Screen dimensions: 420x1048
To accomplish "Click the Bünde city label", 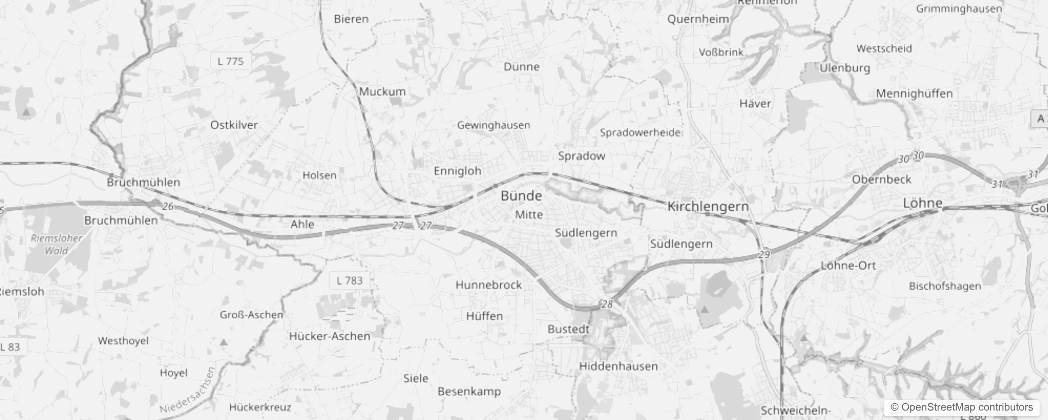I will tap(521, 196).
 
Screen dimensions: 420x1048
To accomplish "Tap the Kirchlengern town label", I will tap(708, 206).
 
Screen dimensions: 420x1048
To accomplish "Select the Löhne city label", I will tap(923, 203).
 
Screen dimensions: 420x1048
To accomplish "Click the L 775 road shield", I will tap(230, 61).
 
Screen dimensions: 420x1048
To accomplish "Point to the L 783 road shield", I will tap(350, 280).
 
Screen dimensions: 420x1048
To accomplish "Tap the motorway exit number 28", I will tap(607, 304).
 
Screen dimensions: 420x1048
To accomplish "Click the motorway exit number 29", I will tap(764, 255).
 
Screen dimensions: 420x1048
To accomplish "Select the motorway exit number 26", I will tap(167, 206).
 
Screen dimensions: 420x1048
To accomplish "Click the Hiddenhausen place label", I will tap(618, 366).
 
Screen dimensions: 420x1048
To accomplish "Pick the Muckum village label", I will tap(382, 91).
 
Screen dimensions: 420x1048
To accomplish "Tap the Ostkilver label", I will tap(234, 125).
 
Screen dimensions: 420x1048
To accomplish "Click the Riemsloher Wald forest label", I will tap(57, 244).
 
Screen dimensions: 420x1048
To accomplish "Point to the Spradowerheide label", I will tap(640, 132).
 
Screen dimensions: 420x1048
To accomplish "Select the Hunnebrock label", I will tap(488, 285).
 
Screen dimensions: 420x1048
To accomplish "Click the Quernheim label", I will tap(698, 19).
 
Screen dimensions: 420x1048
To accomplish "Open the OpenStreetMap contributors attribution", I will tap(961, 407).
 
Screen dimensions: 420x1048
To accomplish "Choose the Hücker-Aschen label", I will tap(329, 336).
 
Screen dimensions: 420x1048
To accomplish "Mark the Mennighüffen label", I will tap(914, 93).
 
